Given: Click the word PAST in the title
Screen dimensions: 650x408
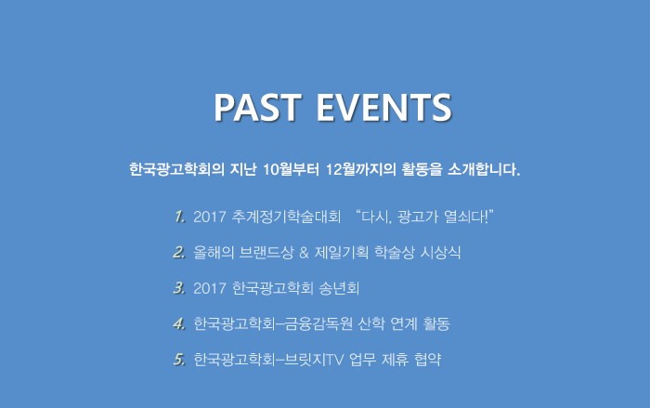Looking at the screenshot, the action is coord(257,107).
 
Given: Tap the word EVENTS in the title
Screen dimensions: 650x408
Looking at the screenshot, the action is coord(383,107).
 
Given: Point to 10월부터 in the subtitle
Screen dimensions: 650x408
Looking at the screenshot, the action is coord(291,169).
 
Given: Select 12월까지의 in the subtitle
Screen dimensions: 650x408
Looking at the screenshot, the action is coord(360,169).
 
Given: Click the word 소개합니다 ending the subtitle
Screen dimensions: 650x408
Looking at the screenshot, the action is coord(484,169).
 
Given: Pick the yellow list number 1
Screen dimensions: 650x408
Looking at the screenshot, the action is coord(179,217).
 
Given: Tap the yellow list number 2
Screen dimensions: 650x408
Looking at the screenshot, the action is coord(179,253).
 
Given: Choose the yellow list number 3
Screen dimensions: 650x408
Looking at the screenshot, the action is coord(179,288).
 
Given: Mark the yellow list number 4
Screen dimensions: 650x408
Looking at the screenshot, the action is coord(179,323).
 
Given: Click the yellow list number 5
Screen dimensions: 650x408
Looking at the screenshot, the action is coord(179,360).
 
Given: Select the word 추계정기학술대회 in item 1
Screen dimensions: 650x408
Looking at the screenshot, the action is coord(286,217).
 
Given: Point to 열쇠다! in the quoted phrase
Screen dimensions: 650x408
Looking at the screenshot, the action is coord(466,217).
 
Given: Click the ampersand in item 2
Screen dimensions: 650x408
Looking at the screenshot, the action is coord(304,253).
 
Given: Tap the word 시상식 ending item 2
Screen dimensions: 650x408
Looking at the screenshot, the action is coord(441,253).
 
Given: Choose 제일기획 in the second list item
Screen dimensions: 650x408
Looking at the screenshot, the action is coord(341,253).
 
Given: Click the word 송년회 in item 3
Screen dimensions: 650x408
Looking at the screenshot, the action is coord(339,288).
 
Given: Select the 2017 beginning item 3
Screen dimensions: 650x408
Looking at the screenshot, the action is coord(209,288).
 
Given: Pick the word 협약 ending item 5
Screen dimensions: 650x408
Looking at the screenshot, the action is coord(427,360).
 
